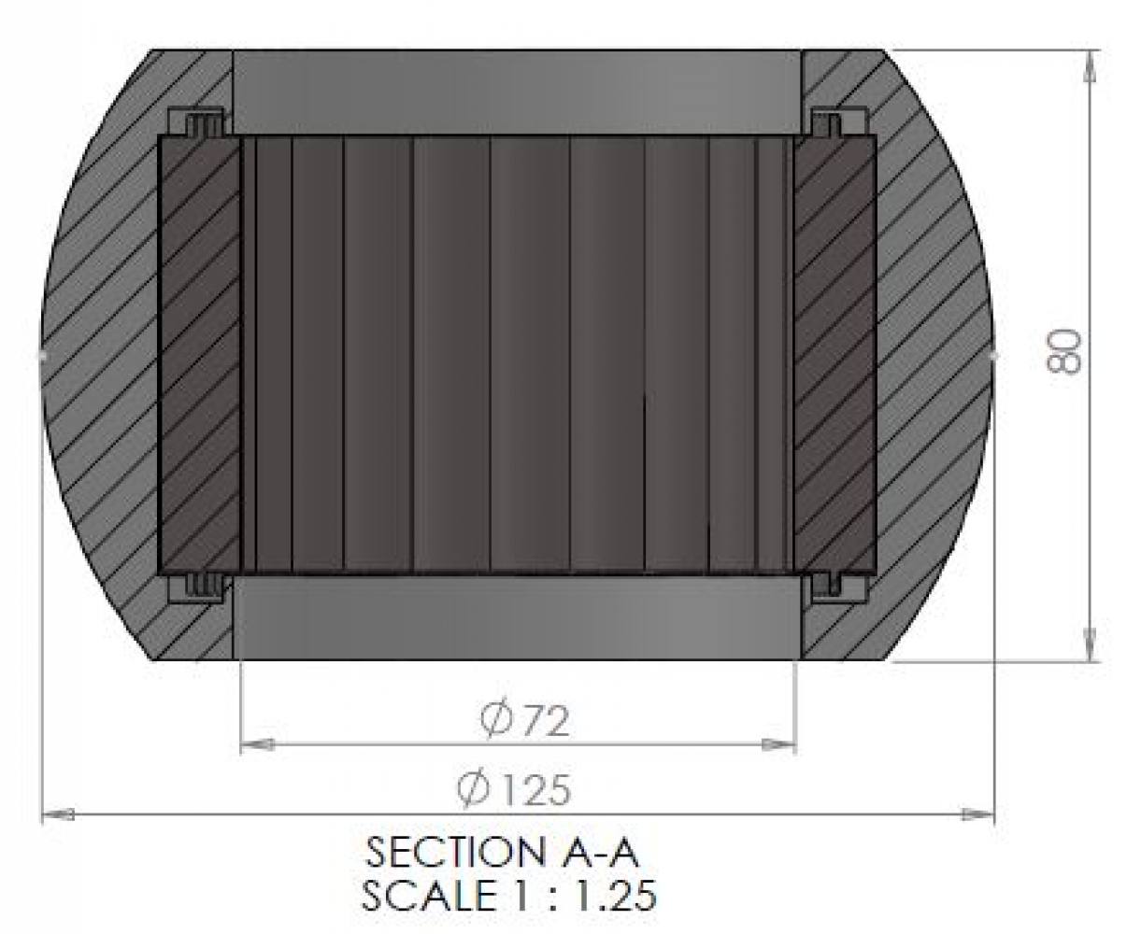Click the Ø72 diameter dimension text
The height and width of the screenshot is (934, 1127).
(525, 721)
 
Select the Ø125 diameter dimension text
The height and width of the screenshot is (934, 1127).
(514, 790)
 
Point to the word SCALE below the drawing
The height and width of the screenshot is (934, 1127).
(429, 895)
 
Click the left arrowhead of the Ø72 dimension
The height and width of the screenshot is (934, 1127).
(257, 745)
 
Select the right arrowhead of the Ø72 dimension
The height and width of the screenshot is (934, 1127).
(778, 745)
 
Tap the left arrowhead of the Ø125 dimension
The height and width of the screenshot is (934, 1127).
(58, 814)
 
